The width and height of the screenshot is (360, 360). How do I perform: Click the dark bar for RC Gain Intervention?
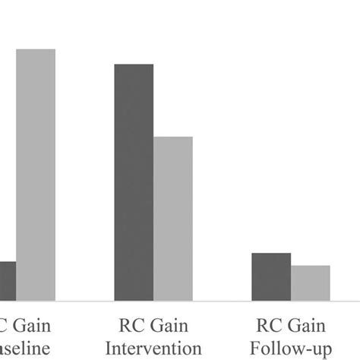[x=134, y=182]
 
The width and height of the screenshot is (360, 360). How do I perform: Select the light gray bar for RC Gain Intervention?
[x=173, y=218]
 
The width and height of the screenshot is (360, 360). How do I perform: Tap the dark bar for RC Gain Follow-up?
[x=271, y=276]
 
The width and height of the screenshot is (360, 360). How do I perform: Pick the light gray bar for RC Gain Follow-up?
[x=311, y=283]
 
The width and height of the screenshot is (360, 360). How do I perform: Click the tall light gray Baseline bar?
[x=36, y=175]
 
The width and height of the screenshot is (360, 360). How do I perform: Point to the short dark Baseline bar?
[x=8, y=280]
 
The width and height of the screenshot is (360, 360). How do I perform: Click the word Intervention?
[x=153, y=348]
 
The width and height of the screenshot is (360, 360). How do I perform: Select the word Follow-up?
[x=291, y=348]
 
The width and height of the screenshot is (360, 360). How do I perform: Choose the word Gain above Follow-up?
[x=307, y=327]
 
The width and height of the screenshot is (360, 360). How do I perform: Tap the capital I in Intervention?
[x=109, y=348]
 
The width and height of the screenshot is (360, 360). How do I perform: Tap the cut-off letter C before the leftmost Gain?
[x=4, y=327]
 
